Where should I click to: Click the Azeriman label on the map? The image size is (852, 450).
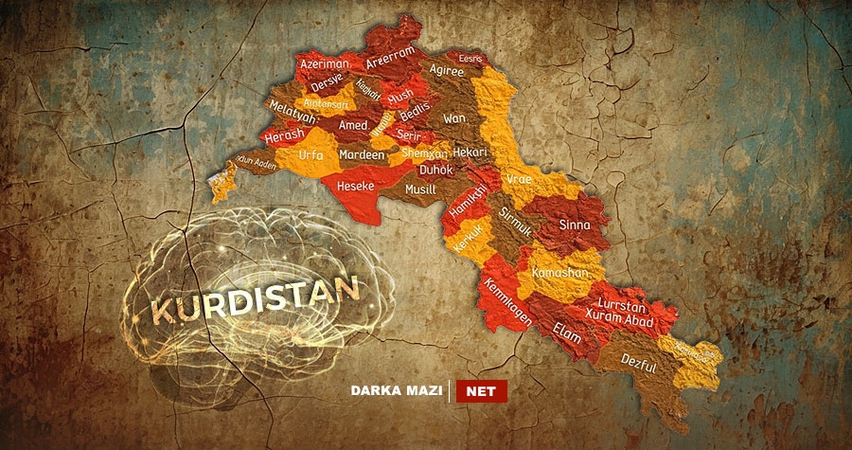pyautogui.click(x=325, y=63)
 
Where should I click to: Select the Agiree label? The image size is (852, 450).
pyautogui.click(x=446, y=70)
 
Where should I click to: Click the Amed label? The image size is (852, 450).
pyautogui.click(x=353, y=125)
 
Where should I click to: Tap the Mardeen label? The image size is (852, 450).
pyautogui.click(x=362, y=154)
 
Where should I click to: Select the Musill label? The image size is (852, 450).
pyautogui.click(x=420, y=189)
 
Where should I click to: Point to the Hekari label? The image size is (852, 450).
pyautogui.click(x=470, y=152)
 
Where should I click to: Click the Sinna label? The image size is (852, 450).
pyautogui.click(x=575, y=225)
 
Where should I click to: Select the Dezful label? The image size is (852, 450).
pyautogui.click(x=639, y=361)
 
